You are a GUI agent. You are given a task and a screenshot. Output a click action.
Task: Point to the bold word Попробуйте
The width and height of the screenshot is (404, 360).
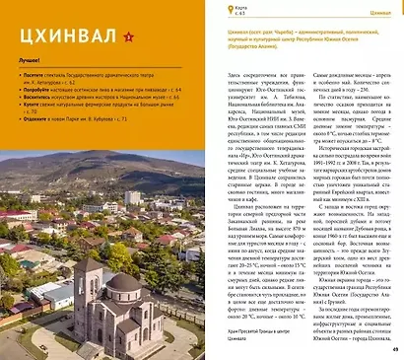tap(38, 116)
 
